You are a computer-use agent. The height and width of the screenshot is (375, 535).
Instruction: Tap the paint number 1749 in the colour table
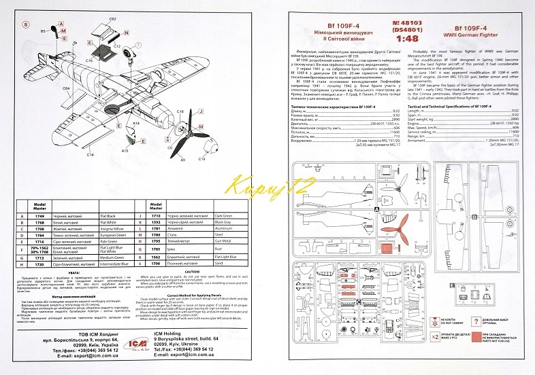click(39, 215)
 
